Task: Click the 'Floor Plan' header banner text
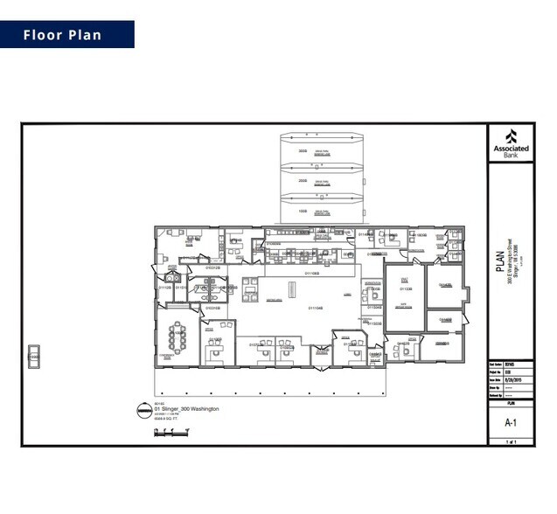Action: coord(62,35)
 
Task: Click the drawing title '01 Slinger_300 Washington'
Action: coord(186,409)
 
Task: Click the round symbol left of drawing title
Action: coord(143,411)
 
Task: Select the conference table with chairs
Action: coord(178,336)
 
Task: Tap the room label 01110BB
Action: coord(313,274)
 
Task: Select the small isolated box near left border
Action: coord(35,354)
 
